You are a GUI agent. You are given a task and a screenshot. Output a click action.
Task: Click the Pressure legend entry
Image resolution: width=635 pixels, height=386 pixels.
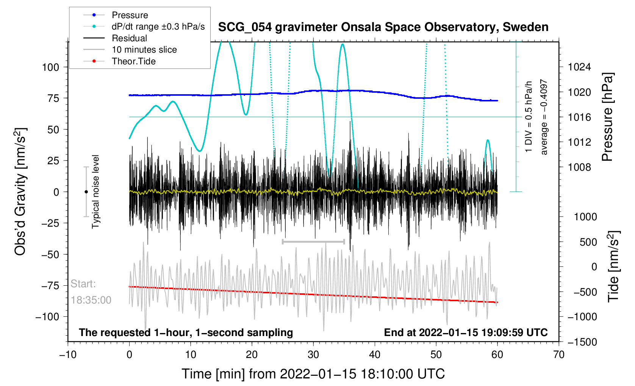pyautogui.click(x=130, y=15)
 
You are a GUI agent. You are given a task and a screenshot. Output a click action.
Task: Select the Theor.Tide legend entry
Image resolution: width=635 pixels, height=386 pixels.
pyautogui.click(x=133, y=61)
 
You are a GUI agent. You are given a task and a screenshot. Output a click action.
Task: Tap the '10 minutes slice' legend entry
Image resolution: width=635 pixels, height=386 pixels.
pyautogui.click(x=144, y=50)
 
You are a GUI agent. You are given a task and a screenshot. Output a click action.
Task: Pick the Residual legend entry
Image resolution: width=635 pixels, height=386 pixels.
pyautogui.click(x=129, y=38)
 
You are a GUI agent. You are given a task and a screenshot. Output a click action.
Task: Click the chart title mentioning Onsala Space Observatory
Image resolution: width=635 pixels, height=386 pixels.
pyautogui.click(x=383, y=27)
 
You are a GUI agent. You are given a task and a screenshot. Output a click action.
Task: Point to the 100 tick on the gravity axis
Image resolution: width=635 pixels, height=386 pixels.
pyautogui.click(x=50, y=67)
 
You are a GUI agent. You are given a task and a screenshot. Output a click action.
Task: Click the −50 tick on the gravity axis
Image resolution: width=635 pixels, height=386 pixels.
pyautogui.click(x=50, y=254)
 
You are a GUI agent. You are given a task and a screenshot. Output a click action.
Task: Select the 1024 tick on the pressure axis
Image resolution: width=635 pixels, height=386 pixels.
pyautogui.click(x=579, y=67)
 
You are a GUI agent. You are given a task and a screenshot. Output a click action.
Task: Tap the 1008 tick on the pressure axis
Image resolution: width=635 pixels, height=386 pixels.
pyautogui.click(x=579, y=167)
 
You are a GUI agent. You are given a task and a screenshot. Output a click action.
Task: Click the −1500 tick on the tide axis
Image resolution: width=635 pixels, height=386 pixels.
pyautogui.click(x=582, y=342)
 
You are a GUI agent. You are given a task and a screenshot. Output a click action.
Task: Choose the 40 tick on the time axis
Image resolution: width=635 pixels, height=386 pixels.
pyautogui.click(x=375, y=355)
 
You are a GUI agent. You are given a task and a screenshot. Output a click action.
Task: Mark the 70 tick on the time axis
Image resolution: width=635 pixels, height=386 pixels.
pyautogui.click(x=558, y=355)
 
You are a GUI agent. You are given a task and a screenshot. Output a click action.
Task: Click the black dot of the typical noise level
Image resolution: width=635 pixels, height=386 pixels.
pyautogui.click(x=86, y=192)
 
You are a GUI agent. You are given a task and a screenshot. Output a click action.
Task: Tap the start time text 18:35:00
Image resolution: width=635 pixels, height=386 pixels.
pyautogui.click(x=91, y=300)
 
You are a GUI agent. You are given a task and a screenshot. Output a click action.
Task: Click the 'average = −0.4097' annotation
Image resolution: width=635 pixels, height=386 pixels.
pyautogui.click(x=544, y=117)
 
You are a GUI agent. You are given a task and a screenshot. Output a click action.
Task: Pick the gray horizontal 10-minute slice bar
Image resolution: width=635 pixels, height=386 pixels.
pyautogui.click(x=313, y=241)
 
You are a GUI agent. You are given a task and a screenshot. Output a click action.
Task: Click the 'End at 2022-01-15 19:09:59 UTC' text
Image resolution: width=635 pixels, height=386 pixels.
pyautogui.click(x=466, y=333)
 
